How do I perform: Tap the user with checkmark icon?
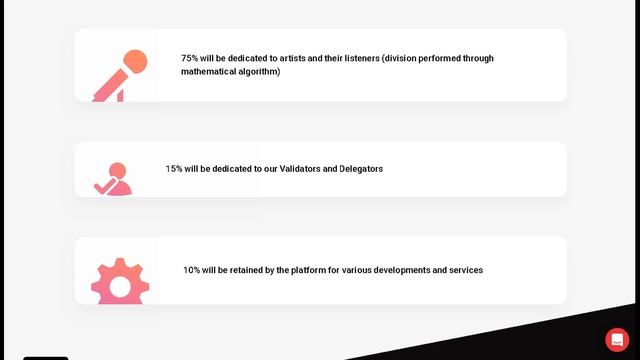(114, 179)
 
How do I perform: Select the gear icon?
(120, 283)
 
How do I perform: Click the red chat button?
(617, 339)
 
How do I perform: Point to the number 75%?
(189, 58)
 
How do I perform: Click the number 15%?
(174, 169)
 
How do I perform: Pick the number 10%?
(191, 270)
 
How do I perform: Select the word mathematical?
(208, 72)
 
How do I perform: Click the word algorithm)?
(259, 72)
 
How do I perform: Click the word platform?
(307, 270)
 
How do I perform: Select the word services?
(465, 270)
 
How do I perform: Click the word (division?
(404, 58)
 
